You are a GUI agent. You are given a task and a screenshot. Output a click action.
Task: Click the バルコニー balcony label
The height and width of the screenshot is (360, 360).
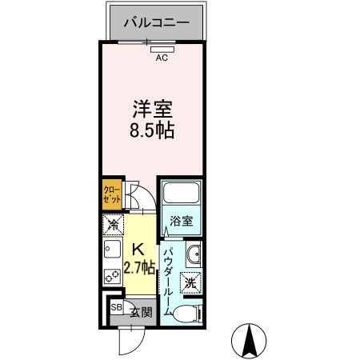pyautogui.click(x=157, y=22)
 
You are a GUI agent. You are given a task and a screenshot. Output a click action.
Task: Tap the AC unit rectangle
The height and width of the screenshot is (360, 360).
pyautogui.click(x=162, y=50)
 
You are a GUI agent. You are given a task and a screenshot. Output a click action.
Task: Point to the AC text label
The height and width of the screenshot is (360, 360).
pyautogui.click(x=162, y=58)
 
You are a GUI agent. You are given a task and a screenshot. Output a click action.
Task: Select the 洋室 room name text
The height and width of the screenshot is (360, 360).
pyautogui.click(x=152, y=109)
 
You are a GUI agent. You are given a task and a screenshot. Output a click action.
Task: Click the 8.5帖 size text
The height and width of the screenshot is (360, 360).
pyautogui.click(x=152, y=130)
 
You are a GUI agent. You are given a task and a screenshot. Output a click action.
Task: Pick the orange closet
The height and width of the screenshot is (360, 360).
pyautogui.click(x=112, y=194)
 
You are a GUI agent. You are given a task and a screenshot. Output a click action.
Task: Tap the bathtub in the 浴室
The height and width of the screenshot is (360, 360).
pyautogui.click(x=182, y=193)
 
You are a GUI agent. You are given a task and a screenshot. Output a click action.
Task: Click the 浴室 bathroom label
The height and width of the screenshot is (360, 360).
pyautogui.click(x=182, y=221)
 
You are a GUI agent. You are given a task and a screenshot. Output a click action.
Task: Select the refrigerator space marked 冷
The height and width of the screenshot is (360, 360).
pyautogui.click(x=114, y=225)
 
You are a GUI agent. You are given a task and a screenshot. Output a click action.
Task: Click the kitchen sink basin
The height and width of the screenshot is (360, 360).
pyautogui.click(x=112, y=249)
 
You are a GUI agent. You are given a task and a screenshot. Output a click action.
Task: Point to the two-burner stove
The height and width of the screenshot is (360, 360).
pyautogui.click(x=112, y=276)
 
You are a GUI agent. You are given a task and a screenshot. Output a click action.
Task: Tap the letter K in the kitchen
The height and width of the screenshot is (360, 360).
pyautogui.click(x=138, y=250)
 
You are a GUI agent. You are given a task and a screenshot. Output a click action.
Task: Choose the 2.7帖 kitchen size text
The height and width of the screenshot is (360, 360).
pyautogui.click(x=139, y=267)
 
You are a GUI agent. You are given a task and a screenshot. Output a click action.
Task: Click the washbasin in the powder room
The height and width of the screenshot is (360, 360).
pyautogui.click(x=194, y=254)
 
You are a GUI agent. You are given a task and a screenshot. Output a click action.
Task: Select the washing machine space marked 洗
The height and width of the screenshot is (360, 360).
pyautogui.click(x=191, y=282)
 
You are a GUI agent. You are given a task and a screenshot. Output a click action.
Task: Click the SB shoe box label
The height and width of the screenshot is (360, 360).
pyautogui.click(x=117, y=307)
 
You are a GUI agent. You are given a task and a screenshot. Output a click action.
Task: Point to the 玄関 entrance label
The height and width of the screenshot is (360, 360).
pyautogui.click(x=142, y=313)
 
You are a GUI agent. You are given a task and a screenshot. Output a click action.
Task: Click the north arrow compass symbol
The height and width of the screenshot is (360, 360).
pyautogui.click(x=249, y=341)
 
